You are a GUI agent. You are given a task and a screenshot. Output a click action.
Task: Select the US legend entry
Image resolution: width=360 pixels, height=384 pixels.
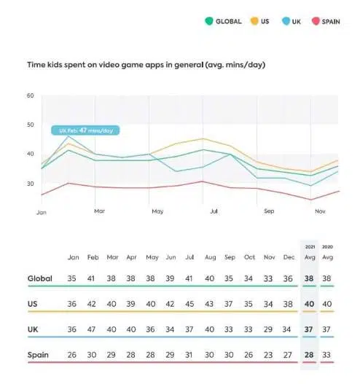(259, 22)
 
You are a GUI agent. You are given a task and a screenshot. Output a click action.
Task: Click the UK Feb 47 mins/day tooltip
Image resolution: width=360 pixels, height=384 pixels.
(85, 130)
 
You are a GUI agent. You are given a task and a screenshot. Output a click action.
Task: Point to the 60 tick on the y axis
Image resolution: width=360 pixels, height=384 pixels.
(31, 95)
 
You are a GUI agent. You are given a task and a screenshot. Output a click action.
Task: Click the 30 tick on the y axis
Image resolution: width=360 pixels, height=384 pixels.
(31, 183)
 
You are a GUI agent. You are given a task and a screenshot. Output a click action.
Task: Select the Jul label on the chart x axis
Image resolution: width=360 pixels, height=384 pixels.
(214, 211)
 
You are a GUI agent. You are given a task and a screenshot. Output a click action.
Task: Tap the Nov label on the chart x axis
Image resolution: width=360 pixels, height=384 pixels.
(318, 211)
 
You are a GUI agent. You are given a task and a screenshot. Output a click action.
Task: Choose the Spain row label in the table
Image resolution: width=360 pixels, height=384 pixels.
(39, 355)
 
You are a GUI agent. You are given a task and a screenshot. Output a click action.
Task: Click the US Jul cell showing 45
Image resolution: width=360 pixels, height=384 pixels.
(190, 304)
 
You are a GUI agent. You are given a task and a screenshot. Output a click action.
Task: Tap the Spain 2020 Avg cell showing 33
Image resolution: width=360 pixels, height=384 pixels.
(327, 355)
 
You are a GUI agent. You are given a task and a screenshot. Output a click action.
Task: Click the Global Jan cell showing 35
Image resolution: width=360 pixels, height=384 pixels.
(74, 278)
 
